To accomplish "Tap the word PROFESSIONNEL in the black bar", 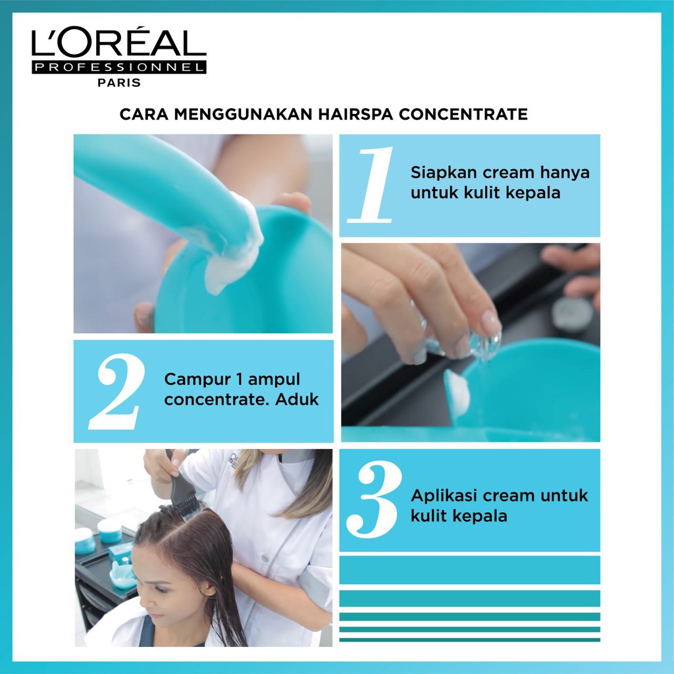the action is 118,68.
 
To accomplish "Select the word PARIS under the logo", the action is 119,82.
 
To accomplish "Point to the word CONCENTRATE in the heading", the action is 463,115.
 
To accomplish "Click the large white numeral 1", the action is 371,185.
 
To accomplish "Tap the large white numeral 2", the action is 117,391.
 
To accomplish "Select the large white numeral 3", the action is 374,499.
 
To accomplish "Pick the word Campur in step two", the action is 197,380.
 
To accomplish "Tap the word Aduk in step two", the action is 297,400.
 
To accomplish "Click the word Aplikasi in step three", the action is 444,496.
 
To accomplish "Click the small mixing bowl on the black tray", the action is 122,575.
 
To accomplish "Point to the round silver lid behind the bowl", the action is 572,314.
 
